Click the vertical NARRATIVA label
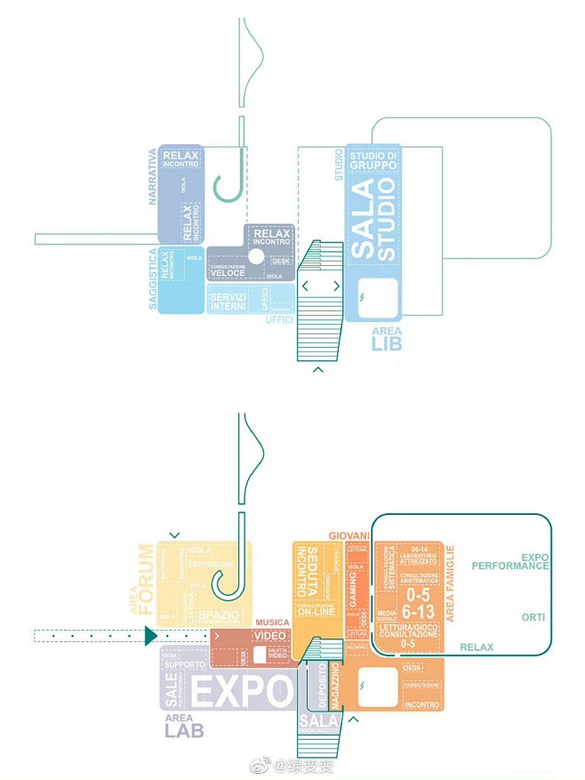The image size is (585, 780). (152, 176)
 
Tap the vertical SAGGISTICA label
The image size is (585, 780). (153, 279)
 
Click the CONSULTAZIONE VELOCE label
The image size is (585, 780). (234, 270)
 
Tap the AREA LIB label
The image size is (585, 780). (387, 338)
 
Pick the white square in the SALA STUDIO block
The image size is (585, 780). (378, 296)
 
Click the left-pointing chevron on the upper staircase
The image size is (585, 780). (305, 286)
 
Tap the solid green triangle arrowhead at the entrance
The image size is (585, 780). (150, 635)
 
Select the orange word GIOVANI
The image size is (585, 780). (349, 535)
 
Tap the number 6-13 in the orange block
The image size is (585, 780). (417, 612)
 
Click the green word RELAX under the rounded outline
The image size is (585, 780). (477, 647)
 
